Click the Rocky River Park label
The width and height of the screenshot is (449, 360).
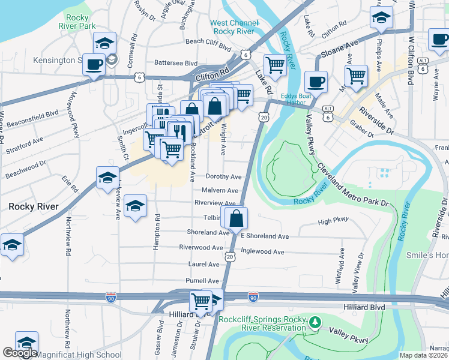(x=77, y=22)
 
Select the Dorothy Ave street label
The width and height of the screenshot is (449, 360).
(x=223, y=177)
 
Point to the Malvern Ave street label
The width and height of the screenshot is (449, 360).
(x=220, y=190)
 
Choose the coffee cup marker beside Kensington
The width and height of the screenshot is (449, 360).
(x=94, y=64)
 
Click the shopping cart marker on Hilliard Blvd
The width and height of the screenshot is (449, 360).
(x=200, y=300)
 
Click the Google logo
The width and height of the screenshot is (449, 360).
(x=20, y=353)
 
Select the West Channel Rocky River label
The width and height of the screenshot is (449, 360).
(x=234, y=27)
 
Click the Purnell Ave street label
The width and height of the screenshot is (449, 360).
(x=202, y=281)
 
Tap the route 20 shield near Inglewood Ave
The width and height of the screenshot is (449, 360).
(x=231, y=256)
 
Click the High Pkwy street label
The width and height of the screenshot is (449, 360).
(x=333, y=221)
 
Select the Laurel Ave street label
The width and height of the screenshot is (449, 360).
(x=203, y=264)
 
